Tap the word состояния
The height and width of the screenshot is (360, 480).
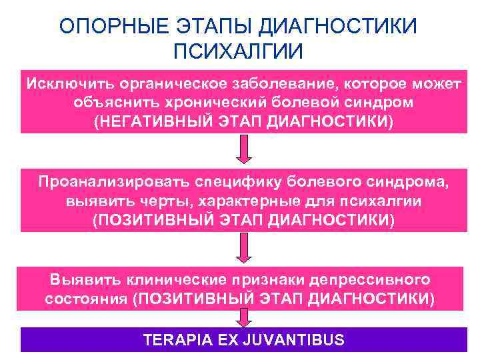coord(86,298)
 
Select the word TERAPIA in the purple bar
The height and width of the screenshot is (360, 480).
coord(175,340)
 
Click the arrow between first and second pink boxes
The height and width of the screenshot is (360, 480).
coord(244,150)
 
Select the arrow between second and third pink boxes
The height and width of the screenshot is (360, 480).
coord(244,249)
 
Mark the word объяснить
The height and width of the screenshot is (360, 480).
coord(114,103)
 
